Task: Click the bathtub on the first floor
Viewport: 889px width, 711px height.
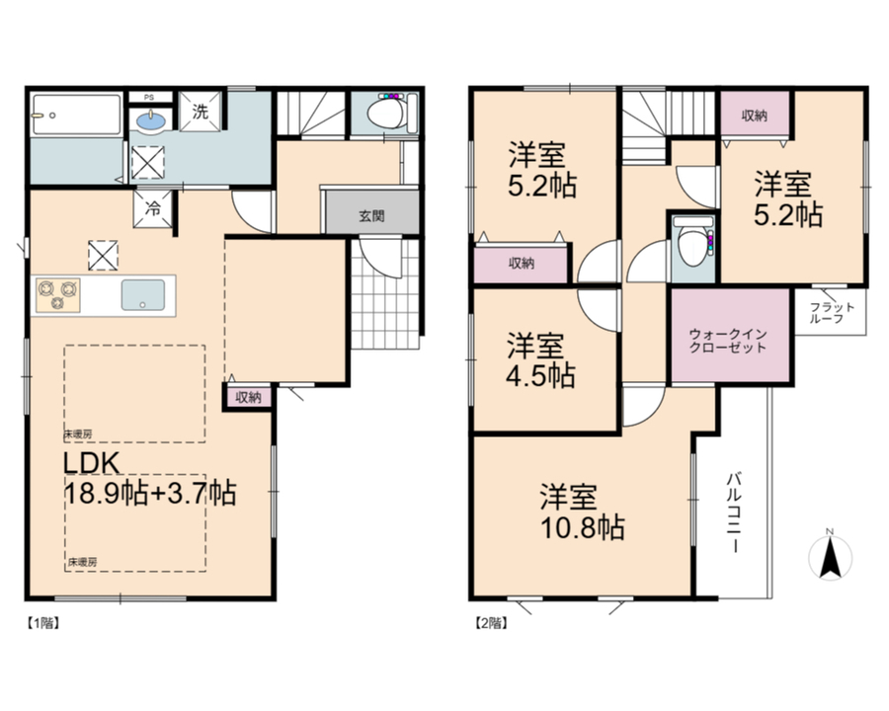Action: [76, 116]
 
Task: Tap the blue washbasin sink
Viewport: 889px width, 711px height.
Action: [151, 120]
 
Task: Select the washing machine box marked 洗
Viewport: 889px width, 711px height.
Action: [201, 112]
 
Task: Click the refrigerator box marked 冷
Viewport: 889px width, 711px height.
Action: [152, 209]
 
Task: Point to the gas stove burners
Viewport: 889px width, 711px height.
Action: [58, 295]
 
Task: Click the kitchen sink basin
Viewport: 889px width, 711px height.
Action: [143, 295]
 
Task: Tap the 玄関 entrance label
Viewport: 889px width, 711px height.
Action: [371, 216]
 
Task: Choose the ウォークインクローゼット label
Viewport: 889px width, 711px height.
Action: [728, 341]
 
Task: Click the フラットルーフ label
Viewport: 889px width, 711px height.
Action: [831, 312]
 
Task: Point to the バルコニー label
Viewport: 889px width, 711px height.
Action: [734, 513]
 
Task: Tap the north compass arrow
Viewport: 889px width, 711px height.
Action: [830, 557]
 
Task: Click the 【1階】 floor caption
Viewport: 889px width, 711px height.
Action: [42, 622]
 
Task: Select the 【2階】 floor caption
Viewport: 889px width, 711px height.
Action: [490, 622]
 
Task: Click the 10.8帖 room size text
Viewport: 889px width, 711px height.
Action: [583, 528]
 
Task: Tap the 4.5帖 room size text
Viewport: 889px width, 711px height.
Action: [540, 376]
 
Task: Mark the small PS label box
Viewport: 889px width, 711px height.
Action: [149, 98]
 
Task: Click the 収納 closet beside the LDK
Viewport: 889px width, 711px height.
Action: [248, 397]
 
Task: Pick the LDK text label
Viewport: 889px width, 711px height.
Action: [91, 463]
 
